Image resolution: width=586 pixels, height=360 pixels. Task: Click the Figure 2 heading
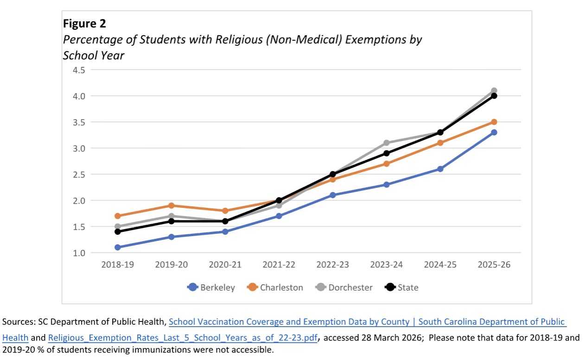84,24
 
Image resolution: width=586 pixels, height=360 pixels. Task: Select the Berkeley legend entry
211,288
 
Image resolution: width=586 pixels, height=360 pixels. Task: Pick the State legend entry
402,288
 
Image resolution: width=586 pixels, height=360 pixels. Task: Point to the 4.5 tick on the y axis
79,70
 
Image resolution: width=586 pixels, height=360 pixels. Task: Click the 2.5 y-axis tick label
79,174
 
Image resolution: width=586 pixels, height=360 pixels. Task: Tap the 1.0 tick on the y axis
79,253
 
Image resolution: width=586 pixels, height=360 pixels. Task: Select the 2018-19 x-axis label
118,264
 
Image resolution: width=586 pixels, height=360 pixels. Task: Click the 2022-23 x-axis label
333,264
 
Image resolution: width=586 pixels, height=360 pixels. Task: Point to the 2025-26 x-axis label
494,264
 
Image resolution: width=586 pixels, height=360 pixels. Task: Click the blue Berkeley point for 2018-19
118,247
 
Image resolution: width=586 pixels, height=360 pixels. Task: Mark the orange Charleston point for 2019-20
172,206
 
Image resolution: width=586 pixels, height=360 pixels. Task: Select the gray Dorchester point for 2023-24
387,143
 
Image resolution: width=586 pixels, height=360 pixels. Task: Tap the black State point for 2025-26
494,96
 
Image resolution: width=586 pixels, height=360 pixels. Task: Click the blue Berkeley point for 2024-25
440,169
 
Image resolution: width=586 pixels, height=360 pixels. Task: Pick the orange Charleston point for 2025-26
494,122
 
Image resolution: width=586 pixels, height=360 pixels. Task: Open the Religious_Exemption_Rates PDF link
183,338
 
